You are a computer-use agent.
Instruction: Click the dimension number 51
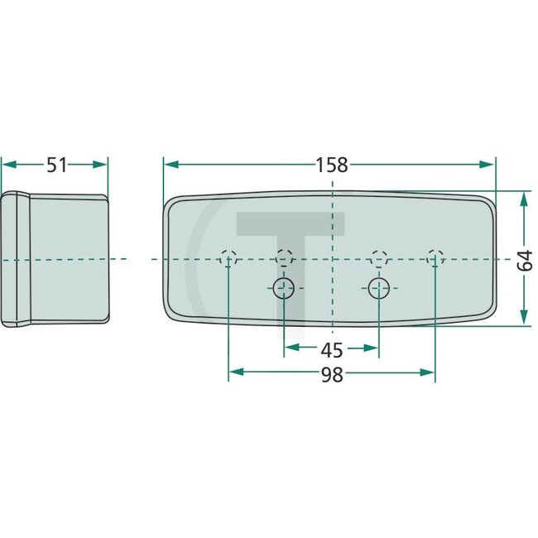55,165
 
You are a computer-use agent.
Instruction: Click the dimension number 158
331,164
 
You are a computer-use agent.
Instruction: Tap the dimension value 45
331,349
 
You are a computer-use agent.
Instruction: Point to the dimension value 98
331,375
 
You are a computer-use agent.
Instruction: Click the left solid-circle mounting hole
284,288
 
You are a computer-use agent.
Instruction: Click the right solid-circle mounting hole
378,288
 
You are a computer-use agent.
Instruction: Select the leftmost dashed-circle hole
229,259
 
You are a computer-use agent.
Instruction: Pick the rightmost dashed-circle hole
434,259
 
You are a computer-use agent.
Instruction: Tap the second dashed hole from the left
284,257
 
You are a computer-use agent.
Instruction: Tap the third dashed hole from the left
378,257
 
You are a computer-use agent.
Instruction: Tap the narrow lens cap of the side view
16,259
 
